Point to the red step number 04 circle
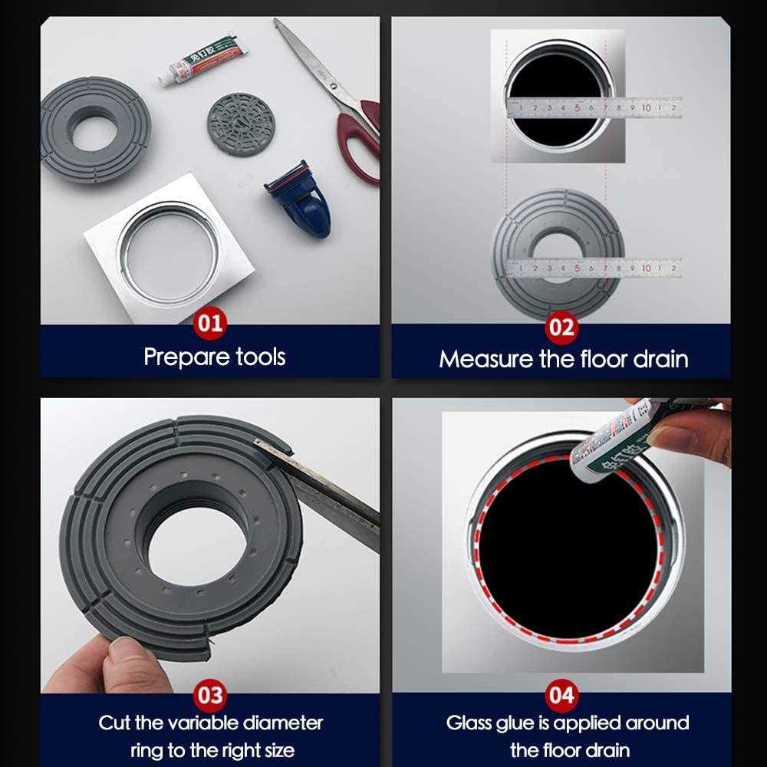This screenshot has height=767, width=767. pyautogui.click(x=561, y=696)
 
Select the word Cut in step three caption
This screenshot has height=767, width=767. pyautogui.click(x=116, y=723)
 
